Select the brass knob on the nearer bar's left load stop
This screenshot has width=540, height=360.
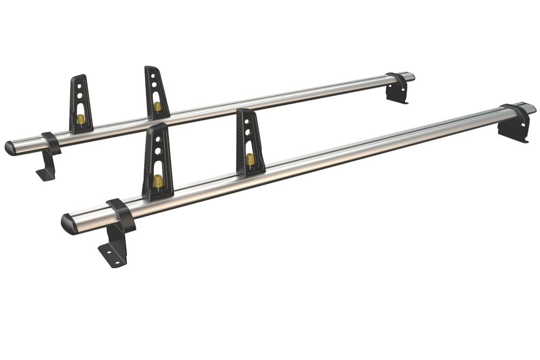pyautogui.click(x=157, y=180)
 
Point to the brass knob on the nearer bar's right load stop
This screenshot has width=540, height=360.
pyautogui.click(x=250, y=159)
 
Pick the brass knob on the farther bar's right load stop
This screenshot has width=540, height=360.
pyautogui.click(x=157, y=106)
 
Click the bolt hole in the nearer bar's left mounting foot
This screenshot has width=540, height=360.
pyautogui.click(x=109, y=254)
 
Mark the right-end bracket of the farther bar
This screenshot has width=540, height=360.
pyautogui.click(x=397, y=87)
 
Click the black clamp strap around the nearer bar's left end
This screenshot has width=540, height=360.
pyautogui.click(x=122, y=214)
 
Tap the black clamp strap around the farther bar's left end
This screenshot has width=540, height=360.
pyautogui.click(x=51, y=142)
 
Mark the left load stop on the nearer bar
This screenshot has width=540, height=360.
pyautogui.click(x=157, y=162)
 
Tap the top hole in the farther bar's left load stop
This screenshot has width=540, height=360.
pyautogui.click(x=79, y=86)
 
